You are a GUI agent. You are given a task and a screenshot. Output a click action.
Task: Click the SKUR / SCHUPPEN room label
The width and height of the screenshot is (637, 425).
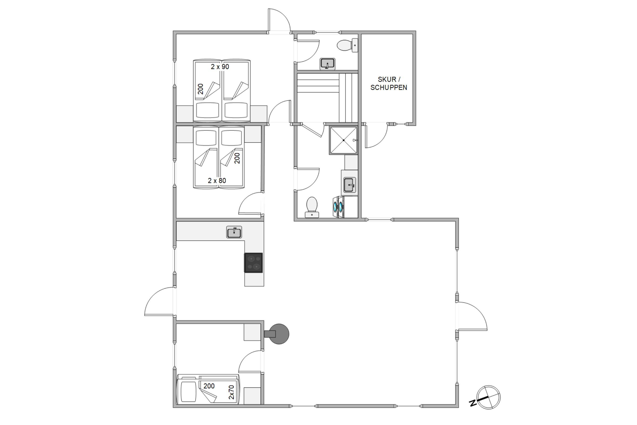coord(389,84)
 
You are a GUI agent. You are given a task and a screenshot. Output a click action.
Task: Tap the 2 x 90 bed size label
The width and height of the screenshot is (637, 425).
coord(220,67)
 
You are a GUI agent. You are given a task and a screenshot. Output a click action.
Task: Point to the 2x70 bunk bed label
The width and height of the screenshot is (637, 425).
coord(231,392)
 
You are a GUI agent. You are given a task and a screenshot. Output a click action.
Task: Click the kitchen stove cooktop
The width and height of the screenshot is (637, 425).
coord(253,263)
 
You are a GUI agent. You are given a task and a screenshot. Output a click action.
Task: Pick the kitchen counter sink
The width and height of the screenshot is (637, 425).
coord(234,232)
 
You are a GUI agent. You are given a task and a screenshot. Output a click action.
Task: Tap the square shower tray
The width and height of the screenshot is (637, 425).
coord(344,140)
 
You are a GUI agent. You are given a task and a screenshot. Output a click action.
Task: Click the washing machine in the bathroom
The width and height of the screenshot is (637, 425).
coord(338,207)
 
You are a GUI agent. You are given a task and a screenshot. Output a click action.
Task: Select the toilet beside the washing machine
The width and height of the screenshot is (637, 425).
coord(312,207)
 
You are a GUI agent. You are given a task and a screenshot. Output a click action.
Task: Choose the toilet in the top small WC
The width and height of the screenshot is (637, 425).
coord(348,45)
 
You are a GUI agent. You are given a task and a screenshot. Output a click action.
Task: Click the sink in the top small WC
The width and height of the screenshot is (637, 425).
coord(327,64)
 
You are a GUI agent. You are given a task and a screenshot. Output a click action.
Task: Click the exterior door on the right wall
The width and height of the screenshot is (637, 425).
coord(472,316)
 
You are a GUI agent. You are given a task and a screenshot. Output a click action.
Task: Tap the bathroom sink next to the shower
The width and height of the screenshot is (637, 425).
coord(349,185)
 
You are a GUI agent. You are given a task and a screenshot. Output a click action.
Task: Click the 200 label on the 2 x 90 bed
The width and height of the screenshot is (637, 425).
coord(200,89)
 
